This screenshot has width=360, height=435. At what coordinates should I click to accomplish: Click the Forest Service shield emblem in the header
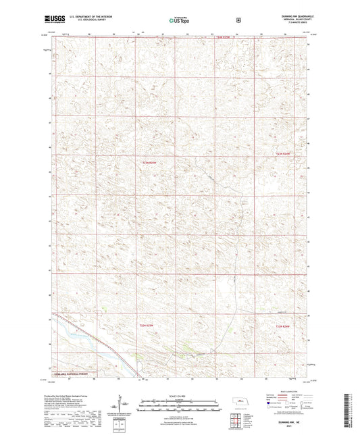(238, 20)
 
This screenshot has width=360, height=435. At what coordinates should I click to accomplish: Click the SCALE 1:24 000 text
(179, 395)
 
